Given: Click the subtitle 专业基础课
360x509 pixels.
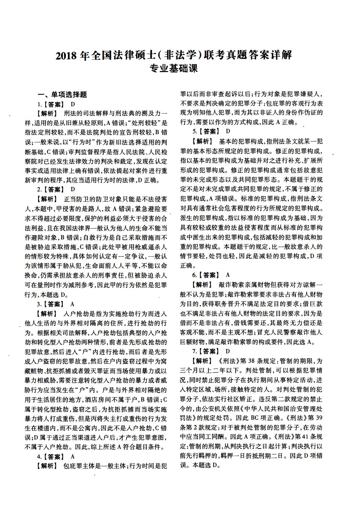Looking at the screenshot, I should (174, 69).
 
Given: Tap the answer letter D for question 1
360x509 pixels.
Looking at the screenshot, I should (73, 104).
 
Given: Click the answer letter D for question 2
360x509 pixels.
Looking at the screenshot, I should (73, 190).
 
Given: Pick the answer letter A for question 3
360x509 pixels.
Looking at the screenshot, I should (73, 304).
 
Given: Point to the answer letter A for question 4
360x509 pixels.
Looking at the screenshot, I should (73, 456).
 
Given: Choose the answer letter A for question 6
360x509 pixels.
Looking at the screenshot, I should (228, 275).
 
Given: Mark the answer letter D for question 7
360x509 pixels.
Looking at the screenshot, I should (228, 351).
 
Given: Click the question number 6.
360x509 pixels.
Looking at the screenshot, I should (194, 275).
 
